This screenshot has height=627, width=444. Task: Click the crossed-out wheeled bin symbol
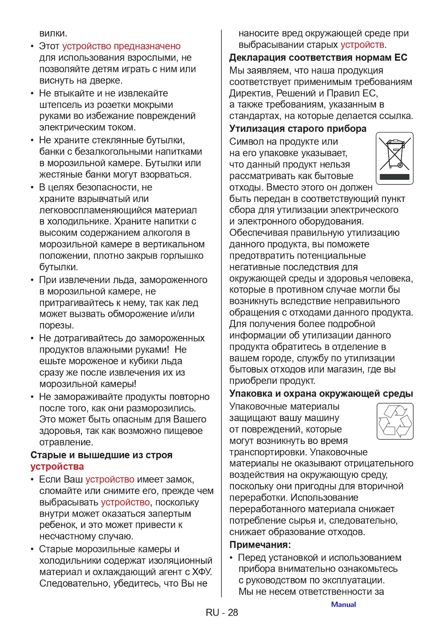[x=394, y=154]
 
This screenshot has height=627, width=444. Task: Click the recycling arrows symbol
[x=395, y=421]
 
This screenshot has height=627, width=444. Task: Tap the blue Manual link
[x=343, y=604]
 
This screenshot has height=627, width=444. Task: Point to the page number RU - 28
[x=222, y=612]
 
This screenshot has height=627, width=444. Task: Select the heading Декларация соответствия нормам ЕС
[x=318, y=58]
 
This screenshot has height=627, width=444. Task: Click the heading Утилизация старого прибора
[x=297, y=129]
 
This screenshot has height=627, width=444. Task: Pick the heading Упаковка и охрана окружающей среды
[x=321, y=393]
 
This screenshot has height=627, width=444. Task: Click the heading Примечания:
[x=260, y=545]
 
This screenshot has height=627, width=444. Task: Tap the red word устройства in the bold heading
[x=57, y=466]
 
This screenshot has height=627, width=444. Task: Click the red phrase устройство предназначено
[x=121, y=46]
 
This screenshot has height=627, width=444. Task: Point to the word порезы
[x=56, y=325]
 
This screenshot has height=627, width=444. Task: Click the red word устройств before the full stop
[x=362, y=45]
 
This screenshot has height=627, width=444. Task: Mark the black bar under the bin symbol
[x=394, y=177]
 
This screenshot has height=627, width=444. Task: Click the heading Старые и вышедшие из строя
[x=101, y=455]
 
